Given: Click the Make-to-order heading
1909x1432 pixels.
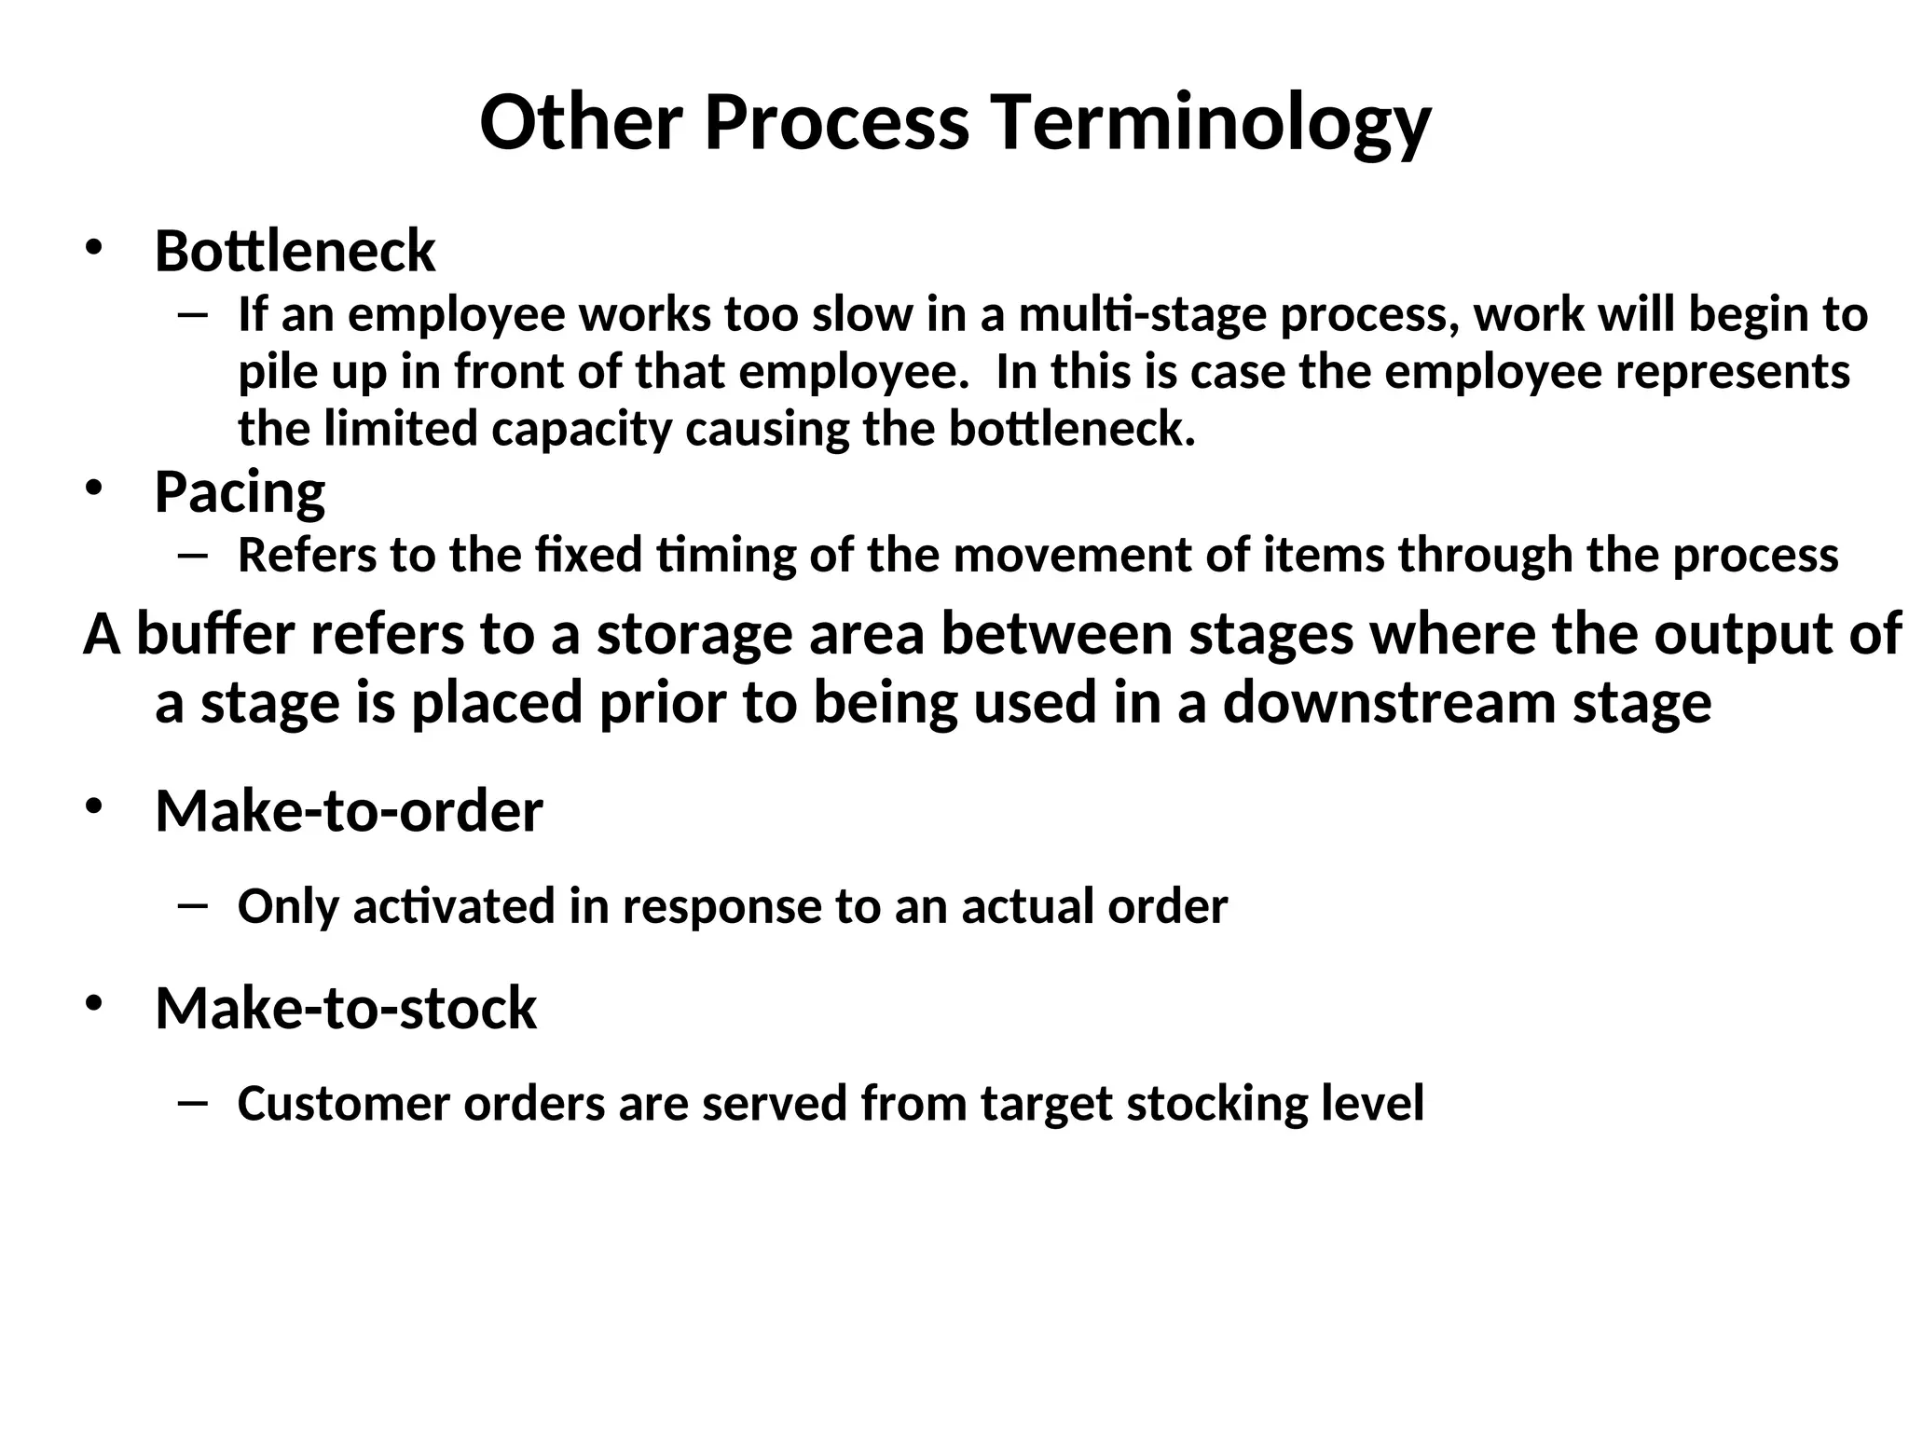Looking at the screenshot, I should point(349,810).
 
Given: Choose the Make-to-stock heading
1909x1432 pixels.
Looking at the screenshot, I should point(346,1008).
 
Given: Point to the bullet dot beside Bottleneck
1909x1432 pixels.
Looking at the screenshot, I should point(93,248).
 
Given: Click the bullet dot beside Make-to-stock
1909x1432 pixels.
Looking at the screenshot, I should point(93,1004).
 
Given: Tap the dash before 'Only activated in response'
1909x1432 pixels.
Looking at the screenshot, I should point(193,904).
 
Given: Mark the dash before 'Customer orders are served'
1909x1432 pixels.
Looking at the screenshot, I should point(193,1102).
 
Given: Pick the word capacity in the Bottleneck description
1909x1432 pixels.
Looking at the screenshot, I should point(581,429).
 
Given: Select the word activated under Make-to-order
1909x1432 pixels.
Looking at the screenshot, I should point(454,905).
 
